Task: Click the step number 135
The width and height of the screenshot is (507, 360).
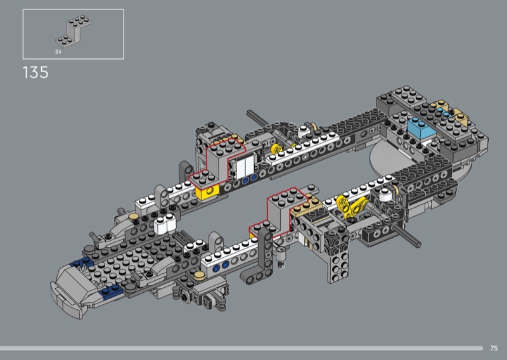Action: (35, 72)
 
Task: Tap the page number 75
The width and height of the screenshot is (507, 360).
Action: (494, 348)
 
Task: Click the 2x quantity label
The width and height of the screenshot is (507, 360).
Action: (58, 51)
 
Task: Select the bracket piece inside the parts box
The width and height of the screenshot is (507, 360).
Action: (73, 31)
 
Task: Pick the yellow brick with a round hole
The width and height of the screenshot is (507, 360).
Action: (207, 193)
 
